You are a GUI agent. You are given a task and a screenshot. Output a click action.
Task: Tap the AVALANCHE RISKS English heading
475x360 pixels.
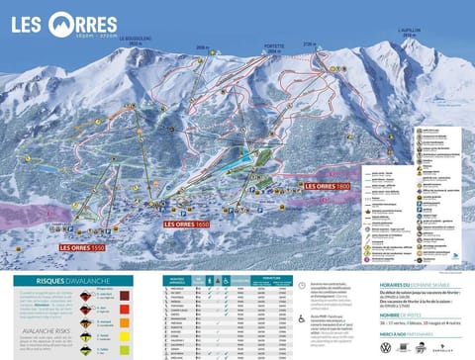point(44,316)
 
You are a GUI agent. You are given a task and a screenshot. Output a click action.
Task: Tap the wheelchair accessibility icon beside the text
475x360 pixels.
point(301,318)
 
